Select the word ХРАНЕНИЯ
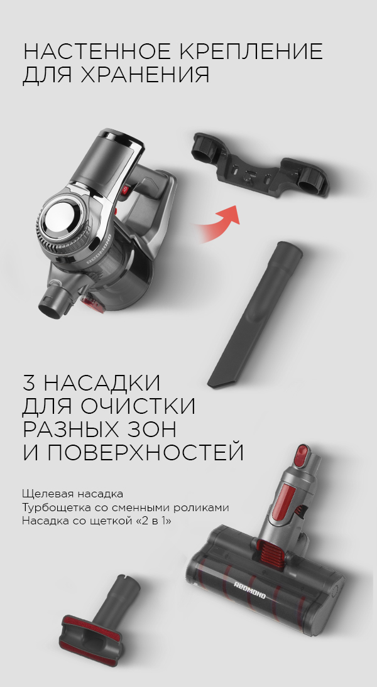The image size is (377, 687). [145, 75]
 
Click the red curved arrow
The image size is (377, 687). [218, 222]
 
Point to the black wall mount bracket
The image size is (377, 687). [260, 166]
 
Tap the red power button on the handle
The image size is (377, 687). [125, 190]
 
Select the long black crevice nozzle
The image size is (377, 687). [254, 314]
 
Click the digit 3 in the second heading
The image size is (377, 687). [30, 382]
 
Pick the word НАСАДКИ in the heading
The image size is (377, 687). [102, 382]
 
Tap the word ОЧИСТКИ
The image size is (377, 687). [137, 406]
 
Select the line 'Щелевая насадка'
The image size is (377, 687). [72, 494]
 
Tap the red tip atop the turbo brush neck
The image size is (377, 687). [301, 456]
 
